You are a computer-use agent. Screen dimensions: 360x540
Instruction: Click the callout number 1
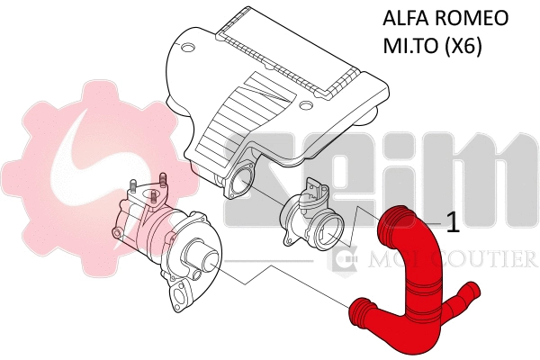(454, 223)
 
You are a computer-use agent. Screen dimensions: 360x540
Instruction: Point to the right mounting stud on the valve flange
(164, 179)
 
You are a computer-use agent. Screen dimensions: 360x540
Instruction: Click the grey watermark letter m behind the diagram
(481, 189)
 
